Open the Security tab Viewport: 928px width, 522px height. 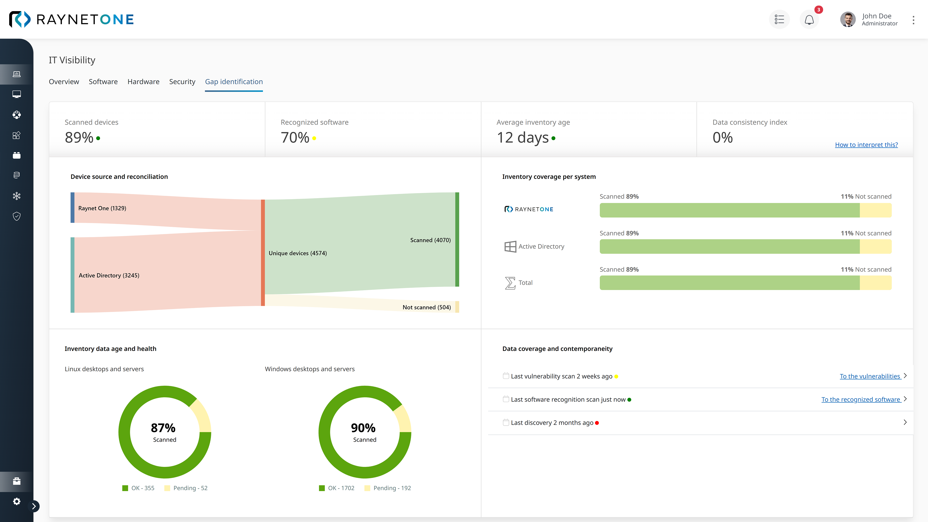182,82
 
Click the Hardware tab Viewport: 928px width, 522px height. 143,82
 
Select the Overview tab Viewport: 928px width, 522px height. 64,82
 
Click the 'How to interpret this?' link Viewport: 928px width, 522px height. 866,145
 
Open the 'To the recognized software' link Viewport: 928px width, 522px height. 861,399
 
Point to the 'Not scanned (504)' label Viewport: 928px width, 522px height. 427,307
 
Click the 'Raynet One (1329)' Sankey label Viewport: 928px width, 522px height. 102,208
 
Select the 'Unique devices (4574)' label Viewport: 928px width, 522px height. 297,253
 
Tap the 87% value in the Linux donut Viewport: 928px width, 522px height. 163,428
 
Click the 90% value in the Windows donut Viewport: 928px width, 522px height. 363,428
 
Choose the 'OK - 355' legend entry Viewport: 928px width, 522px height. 142,488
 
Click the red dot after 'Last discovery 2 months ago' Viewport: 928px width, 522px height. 597,423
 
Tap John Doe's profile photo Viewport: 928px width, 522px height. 848,19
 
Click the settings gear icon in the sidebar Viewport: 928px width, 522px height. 17,501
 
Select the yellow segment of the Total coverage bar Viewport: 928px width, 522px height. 875,283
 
